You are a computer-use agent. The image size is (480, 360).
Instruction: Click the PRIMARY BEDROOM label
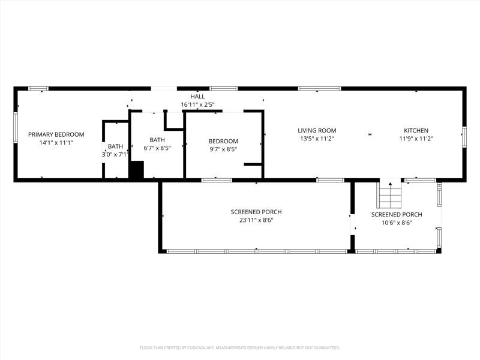click(x=56, y=134)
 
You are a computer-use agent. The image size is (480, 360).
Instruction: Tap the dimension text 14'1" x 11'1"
click(x=56, y=143)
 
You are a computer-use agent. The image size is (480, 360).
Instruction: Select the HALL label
click(x=197, y=97)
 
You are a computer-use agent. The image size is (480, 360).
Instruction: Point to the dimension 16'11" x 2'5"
click(x=197, y=104)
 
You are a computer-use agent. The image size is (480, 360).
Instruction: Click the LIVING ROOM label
click(x=317, y=130)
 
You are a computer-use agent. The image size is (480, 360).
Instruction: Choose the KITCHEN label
click(x=416, y=130)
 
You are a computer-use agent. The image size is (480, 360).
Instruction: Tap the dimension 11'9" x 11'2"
click(x=416, y=139)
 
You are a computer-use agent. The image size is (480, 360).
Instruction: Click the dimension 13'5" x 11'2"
click(x=317, y=139)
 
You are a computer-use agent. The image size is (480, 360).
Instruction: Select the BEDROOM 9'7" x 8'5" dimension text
click(x=223, y=149)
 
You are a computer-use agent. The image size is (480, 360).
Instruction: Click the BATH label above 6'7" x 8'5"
click(x=157, y=140)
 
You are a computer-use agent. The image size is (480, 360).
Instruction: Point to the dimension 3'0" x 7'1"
click(x=115, y=155)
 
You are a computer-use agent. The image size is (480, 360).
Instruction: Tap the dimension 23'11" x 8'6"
click(x=256, y=220)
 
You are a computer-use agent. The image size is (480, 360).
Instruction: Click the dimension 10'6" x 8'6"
click(x=397, y=223)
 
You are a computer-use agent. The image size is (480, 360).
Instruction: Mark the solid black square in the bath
click(x=136, y=170)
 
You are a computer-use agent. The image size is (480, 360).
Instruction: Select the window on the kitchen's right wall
click(x=464, y=137)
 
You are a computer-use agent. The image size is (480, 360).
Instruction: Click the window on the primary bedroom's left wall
click(x=16, y=127)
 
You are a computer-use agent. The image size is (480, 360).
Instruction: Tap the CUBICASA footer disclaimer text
click(x=239, y=348)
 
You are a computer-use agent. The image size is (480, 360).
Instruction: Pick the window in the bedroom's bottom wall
click(x=217, y=180)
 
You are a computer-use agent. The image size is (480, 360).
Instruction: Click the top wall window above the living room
click(x=320, y=89)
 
